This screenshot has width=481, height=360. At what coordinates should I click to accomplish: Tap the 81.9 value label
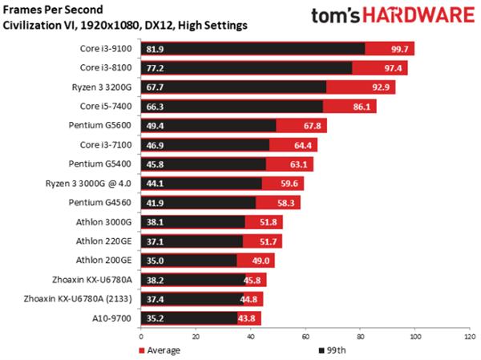(x=155, y=49)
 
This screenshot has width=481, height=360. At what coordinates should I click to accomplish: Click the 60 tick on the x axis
(x=305, y=337)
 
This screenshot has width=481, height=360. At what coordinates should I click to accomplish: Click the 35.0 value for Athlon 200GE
(x=155, y=261)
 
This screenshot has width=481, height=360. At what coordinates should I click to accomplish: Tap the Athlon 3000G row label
(x=108, y=221)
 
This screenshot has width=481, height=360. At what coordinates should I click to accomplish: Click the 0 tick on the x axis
(x=141, y=337)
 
